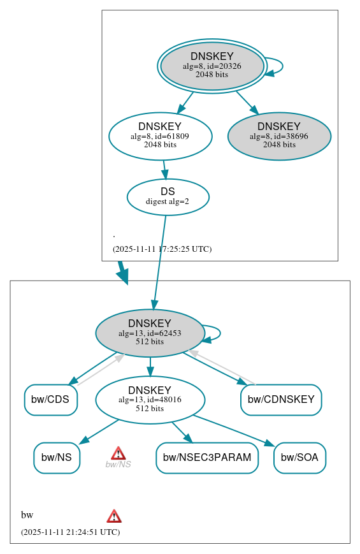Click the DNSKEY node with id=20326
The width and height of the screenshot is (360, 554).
click(x=212, y=66)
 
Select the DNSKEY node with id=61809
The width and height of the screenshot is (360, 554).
click(x=160, y=136)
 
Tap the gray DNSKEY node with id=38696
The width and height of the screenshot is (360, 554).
click(x=279, y=136)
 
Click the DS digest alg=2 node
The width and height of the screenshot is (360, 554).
click(x=168, y=196)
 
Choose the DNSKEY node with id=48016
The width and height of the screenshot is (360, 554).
click(x=150, y=400)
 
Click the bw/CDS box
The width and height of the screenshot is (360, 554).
click(x=50, y=400)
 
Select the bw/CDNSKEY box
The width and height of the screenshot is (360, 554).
click(x=281, y=400)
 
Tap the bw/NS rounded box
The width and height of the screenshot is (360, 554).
click(x=57, y=457)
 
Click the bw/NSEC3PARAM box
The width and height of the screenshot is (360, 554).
click(x=207, y=457)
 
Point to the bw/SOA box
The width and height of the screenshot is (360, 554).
click(x=299, y=457)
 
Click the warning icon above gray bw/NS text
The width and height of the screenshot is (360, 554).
click(x=118, y=453)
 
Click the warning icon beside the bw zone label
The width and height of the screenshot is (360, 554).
click(x=114, y=516)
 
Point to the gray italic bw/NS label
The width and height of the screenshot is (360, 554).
click(x=118, y=465)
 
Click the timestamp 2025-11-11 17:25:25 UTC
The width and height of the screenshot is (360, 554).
click(x=162, y=249)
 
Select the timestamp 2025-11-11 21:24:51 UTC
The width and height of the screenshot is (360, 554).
click(x=70, y=532)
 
